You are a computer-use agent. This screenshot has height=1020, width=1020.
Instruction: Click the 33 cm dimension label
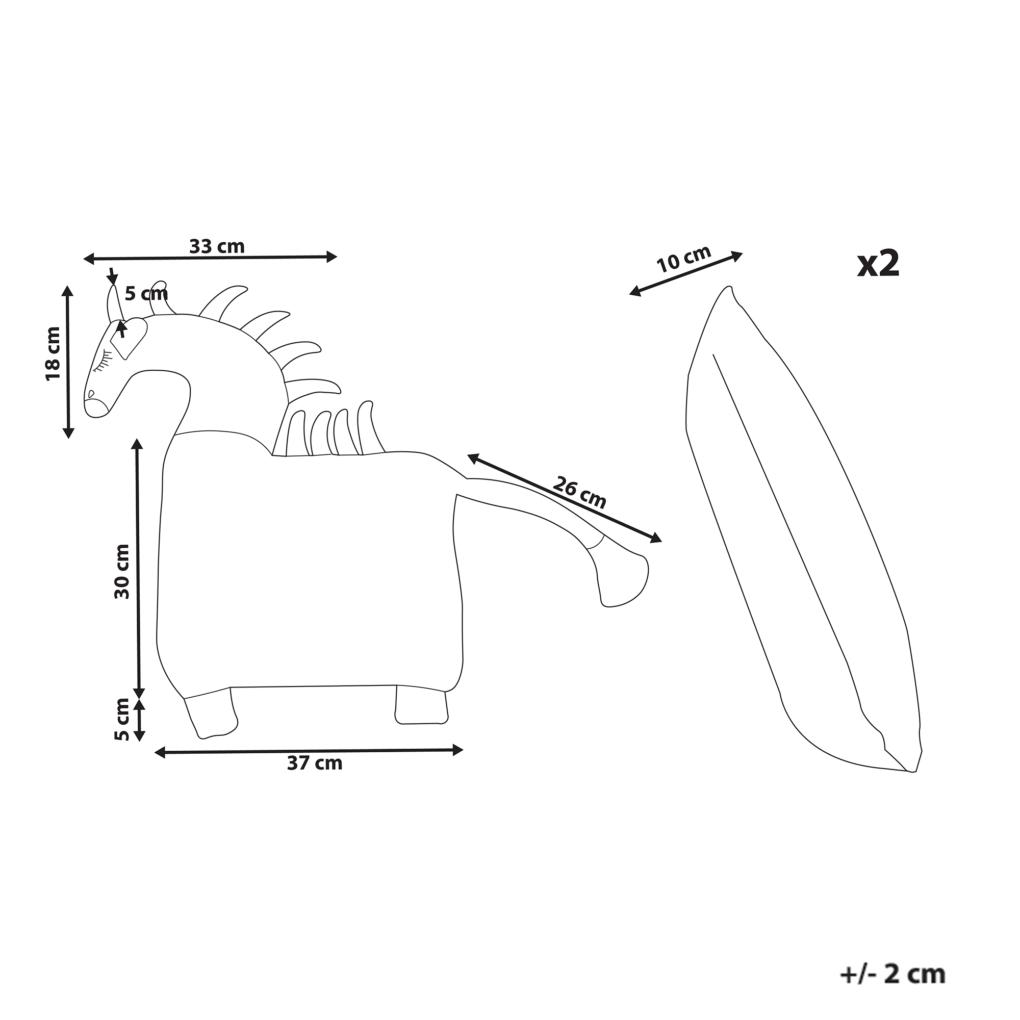tap(217, 246)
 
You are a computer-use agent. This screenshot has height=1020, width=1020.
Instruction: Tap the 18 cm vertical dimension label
tap(54, 353)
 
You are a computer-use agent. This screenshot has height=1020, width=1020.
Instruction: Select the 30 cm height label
tap(122, 571)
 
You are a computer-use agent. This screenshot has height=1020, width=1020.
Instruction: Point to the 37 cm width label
tap(315, 763)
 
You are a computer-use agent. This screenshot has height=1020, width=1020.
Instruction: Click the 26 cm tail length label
tap(580, 492)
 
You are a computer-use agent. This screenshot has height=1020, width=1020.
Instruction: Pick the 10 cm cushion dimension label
tap(684, 259)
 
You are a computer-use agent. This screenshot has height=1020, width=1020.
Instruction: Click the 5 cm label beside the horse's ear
tap(146, 294)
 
